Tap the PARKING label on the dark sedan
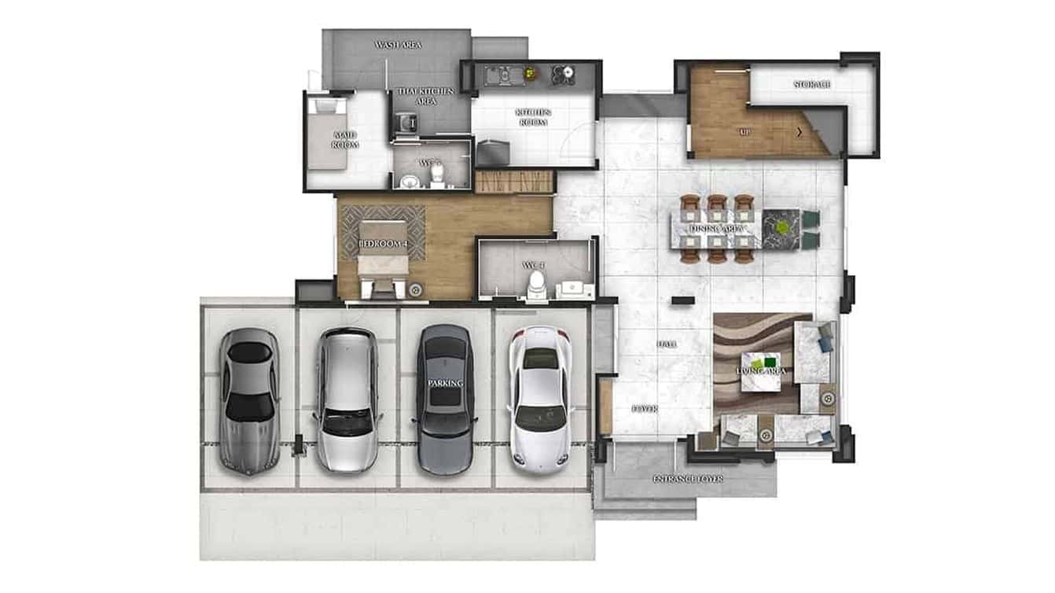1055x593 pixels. [x=445, y=383]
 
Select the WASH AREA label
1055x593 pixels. [x=398, y=45]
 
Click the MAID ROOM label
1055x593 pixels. [x=345, y=140]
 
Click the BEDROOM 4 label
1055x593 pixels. [x=383, y=244]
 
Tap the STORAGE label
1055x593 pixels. [x=812, y=84]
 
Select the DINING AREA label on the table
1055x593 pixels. [x=717, y=229]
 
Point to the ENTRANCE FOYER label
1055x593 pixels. [x=688, y=478]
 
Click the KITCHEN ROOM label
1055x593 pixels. [x=533, y=117]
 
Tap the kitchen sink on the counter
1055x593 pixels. [x=498, y=75]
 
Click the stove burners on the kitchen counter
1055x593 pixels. [x=563, y=74]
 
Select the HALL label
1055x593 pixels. [x=667, y=344]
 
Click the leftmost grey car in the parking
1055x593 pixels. [x=248, y=399]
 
